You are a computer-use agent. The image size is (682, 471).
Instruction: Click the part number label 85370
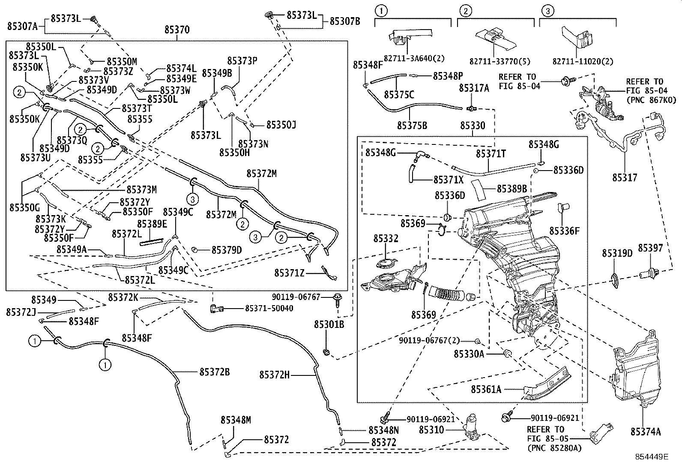177,30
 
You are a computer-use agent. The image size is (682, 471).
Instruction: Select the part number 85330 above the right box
473,126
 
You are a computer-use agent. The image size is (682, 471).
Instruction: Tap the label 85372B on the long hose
215,372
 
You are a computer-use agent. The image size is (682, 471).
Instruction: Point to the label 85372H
274,375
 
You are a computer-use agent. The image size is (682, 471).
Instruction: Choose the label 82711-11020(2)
576,61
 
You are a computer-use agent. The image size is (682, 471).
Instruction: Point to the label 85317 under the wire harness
625,177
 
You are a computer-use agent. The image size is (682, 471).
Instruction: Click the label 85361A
486,389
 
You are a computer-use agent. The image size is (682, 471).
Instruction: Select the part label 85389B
511,189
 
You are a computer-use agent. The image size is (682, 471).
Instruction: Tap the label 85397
650,249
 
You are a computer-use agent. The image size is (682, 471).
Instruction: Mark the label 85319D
617,253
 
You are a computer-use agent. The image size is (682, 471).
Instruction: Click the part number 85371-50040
269,308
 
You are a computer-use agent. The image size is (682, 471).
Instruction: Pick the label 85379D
227,249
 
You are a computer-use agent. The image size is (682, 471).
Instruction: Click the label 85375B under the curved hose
412,125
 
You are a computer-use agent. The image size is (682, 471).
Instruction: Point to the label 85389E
152,224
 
